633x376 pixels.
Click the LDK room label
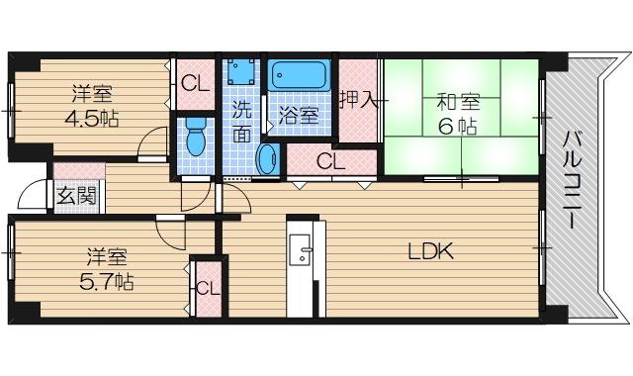click(431, 252)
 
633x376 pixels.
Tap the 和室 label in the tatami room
click(458, 100)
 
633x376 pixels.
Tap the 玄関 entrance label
click(76, 195)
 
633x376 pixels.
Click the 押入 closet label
click(357, 99)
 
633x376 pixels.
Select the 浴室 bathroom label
click(298, 115)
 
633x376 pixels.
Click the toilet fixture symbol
click(195, 138)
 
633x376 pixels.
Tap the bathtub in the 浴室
click(301, 76)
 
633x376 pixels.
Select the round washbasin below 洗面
click(267, 158)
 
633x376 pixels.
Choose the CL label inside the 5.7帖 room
click(207, 288)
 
